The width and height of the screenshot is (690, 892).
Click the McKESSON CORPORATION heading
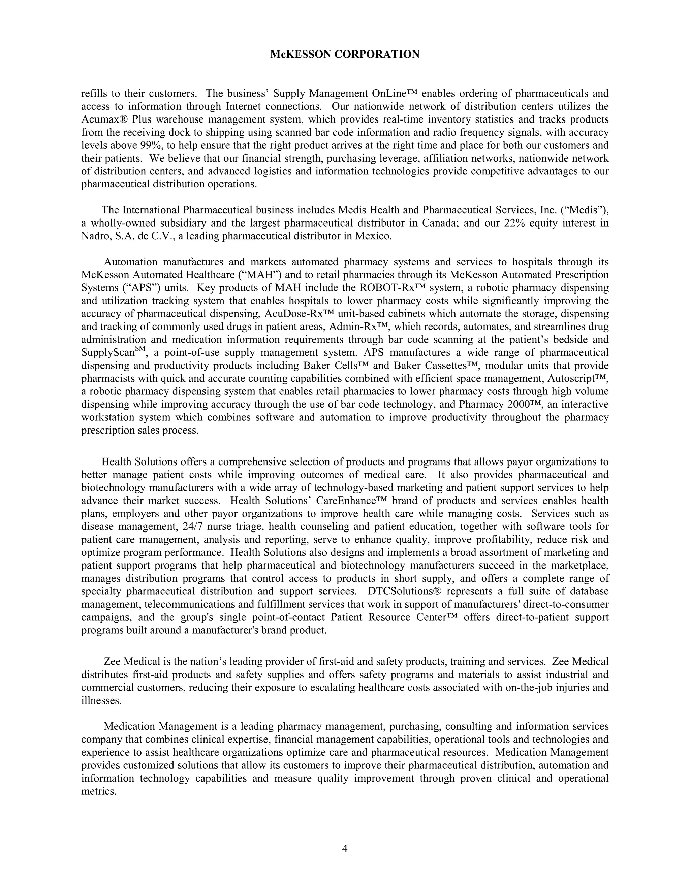click(345, 54)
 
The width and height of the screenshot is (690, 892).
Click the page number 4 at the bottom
click(345, 849)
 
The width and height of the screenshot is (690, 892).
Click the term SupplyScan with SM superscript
click(111, 352)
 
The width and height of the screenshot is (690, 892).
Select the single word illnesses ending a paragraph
click(101, 701)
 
